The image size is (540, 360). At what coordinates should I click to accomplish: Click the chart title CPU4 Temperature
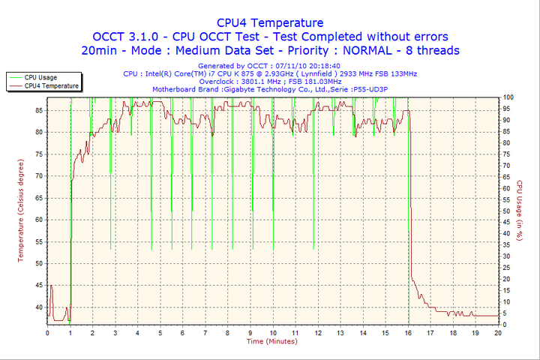click(270, 22)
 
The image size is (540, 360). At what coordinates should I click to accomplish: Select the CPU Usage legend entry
click(40, 77)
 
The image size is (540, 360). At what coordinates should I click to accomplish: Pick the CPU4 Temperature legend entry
click(51, 85)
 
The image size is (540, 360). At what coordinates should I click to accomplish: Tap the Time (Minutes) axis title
click(271, 341)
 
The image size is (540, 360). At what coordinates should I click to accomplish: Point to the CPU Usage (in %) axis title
click(519, 210)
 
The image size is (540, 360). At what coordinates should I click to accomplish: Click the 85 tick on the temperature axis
click(37, 109)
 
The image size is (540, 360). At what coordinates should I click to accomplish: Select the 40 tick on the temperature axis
click(37, 307)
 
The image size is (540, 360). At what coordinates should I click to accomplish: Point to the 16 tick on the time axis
click(408, 332)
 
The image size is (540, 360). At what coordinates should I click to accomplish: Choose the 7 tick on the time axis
click(205, 332)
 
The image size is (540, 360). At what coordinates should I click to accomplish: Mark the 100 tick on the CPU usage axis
click(508, 97)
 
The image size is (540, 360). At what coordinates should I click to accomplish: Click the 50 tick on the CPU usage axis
click(507, 211)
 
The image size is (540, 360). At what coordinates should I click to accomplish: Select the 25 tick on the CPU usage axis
click(507, 268)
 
